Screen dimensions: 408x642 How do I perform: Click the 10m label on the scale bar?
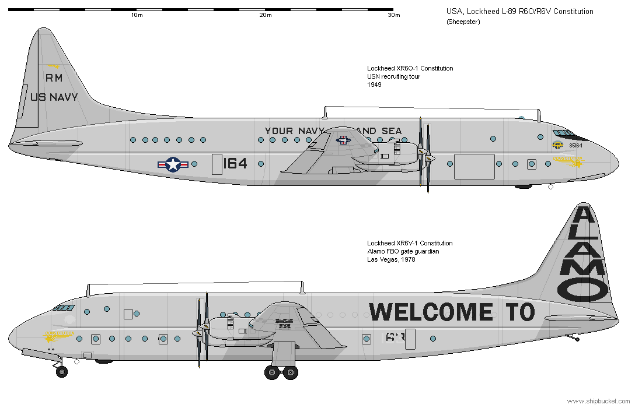pyautogui.click(x=137, y=15)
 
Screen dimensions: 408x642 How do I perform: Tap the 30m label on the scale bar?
pyautogui.click(x=394, y=15)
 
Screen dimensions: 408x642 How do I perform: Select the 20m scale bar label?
pyautogui.click(x=266, y=15)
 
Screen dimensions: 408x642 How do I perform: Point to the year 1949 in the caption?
pyautogui.click(x=374, y=85)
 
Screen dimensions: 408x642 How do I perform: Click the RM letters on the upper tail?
pyautogui.click(x=54, y=78)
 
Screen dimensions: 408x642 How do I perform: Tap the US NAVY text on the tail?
pyautogui.click(x=54, y=97)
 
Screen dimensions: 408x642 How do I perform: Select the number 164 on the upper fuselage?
pyautogui.click(x=235, y=164)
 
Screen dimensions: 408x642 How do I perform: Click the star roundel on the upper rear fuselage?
pyautogui.click(x=173, y=165)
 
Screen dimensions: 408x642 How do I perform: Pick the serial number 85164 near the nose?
pyautogui.click(x=575, y=146)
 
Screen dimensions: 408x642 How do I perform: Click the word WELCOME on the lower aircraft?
pyautogui.click(x=431, y=312)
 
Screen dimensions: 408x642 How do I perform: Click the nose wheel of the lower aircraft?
pyautogui.click(x=61, y=371)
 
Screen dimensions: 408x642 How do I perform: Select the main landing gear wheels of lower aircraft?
pyautogui.click(x=281, y=372)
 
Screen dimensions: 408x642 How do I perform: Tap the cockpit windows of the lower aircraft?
pyautogui.click(x=64, y=307)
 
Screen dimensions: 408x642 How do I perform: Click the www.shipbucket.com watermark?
pyautogui.click(x=598, y=401)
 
